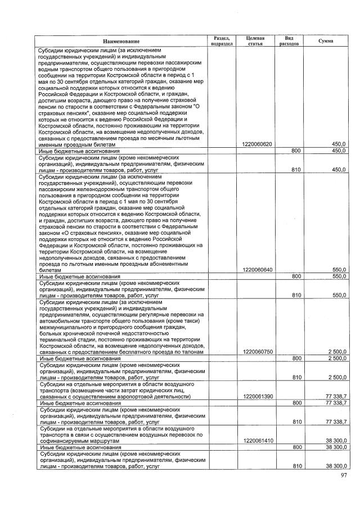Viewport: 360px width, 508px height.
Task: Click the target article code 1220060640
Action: [257, 270]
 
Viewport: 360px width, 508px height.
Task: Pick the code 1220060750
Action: [257, 352]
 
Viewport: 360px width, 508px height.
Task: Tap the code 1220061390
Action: [257, 397]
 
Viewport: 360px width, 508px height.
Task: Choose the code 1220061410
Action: [257, 441]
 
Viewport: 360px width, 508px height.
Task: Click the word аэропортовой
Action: [139, 397]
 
